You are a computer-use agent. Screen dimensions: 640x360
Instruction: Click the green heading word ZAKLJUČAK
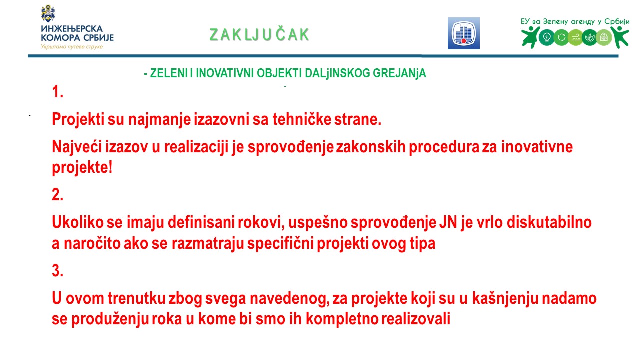[259, 34]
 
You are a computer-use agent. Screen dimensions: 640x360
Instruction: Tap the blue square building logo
[463, 33]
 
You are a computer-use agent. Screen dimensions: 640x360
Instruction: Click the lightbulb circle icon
[546, 37]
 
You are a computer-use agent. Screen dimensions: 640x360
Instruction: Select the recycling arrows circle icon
[561, 37]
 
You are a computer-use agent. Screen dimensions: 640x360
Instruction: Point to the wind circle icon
[575, 37]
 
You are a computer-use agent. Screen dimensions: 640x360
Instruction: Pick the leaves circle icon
[589, 37]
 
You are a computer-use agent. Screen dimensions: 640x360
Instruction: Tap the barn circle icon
[604, 37]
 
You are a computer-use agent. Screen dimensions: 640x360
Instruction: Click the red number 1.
[57, 92]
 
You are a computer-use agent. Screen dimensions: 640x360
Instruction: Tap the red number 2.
[57, 195]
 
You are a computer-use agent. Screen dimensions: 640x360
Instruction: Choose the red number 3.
[57, 270]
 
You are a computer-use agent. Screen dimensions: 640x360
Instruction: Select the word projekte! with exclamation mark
[82, 167]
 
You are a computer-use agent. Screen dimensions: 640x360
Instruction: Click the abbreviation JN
[448, 222]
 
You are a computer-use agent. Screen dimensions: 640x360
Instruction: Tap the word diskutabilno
[549, 222]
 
